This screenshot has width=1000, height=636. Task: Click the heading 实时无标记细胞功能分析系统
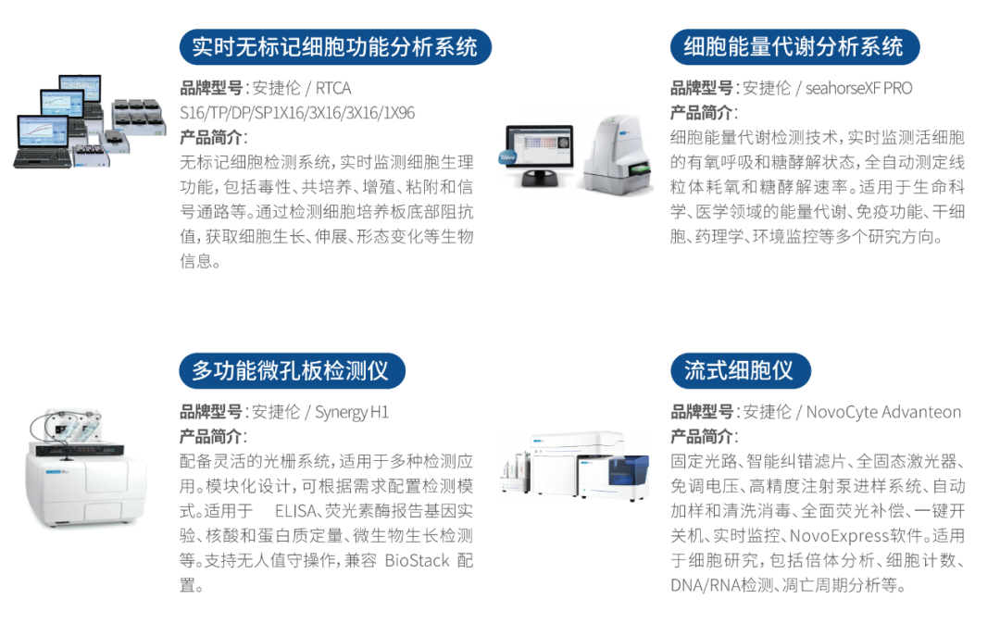point(335,47)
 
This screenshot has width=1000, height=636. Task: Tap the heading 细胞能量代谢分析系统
point(794,47)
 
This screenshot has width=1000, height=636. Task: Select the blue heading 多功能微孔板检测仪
point(292,370)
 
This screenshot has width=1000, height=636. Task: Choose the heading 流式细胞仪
point(740,370)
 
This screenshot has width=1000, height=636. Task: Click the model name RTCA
point(333,88)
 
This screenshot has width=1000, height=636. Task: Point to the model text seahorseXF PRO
point(858,88)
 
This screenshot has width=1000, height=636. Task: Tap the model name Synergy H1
point(352,412)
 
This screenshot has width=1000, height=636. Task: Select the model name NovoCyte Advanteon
point(883,412)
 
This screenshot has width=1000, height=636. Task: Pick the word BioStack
point(417,561)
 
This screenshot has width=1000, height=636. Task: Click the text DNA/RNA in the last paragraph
point(705,585)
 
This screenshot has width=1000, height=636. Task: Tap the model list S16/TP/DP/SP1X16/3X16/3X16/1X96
point(297,113)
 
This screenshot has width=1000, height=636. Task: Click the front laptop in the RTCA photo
point(44,142)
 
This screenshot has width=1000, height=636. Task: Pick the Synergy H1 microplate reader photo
point(86,468)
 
